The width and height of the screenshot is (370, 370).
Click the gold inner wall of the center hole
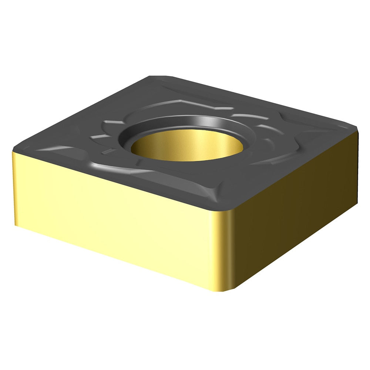[185, 146]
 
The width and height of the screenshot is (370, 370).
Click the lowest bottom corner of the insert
[224, 290]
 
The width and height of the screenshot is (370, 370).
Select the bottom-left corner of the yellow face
[17, 224]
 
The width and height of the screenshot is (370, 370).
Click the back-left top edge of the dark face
[81, 113]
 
